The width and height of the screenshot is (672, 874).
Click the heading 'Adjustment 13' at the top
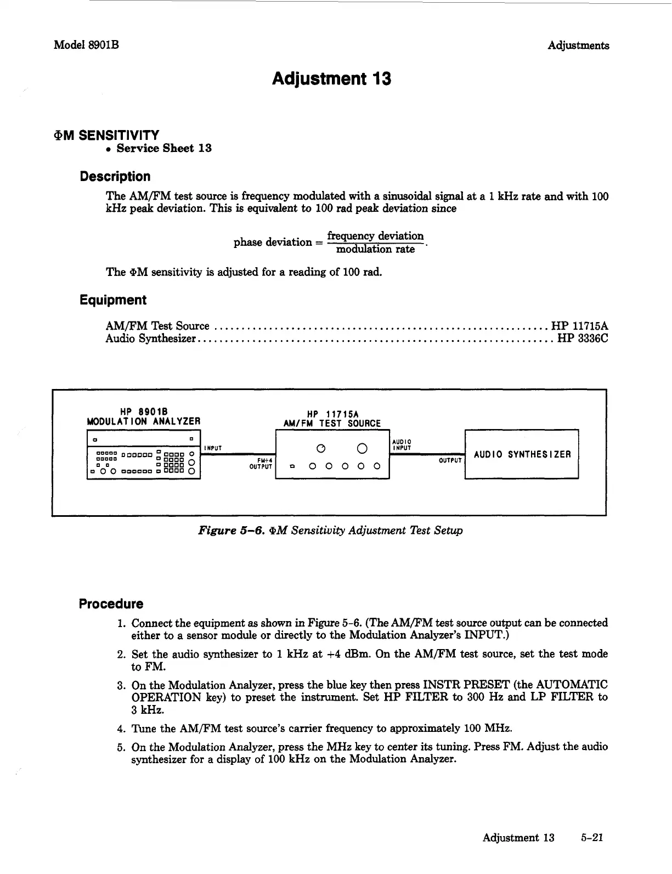click(x=331, y=79)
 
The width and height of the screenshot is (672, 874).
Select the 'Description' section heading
click(x=115, y=177)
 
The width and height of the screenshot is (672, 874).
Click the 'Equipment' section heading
click(x=112, y=300)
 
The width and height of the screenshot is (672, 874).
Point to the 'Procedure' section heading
click(x=111, y=604)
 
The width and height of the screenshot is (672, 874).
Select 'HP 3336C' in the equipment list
click(x=583, y=339)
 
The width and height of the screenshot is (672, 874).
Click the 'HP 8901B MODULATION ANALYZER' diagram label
click(x=144, y=416)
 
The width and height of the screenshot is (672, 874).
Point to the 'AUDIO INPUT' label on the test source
click(x=402, y=444)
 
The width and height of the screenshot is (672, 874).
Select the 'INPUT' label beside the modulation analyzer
click(x=212, y=448)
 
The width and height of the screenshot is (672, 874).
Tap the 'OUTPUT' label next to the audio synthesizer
click(x=449, y=461)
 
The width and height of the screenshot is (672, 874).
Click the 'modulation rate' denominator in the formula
click(x=375, y=250)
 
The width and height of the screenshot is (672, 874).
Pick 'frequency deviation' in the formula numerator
click(x=375, y=236)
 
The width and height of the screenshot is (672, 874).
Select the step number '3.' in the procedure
click(x=122, y=685)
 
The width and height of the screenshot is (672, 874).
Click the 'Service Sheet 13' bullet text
click(x=163, y=148)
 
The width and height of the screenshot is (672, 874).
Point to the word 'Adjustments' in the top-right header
click(x=578, y=46)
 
